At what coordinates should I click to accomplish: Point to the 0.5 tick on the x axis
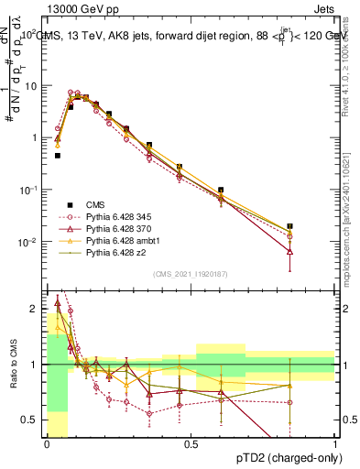click(191, 442)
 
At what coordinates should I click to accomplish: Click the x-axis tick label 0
click(47, 442)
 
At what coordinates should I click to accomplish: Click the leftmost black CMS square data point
click(58, 156)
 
